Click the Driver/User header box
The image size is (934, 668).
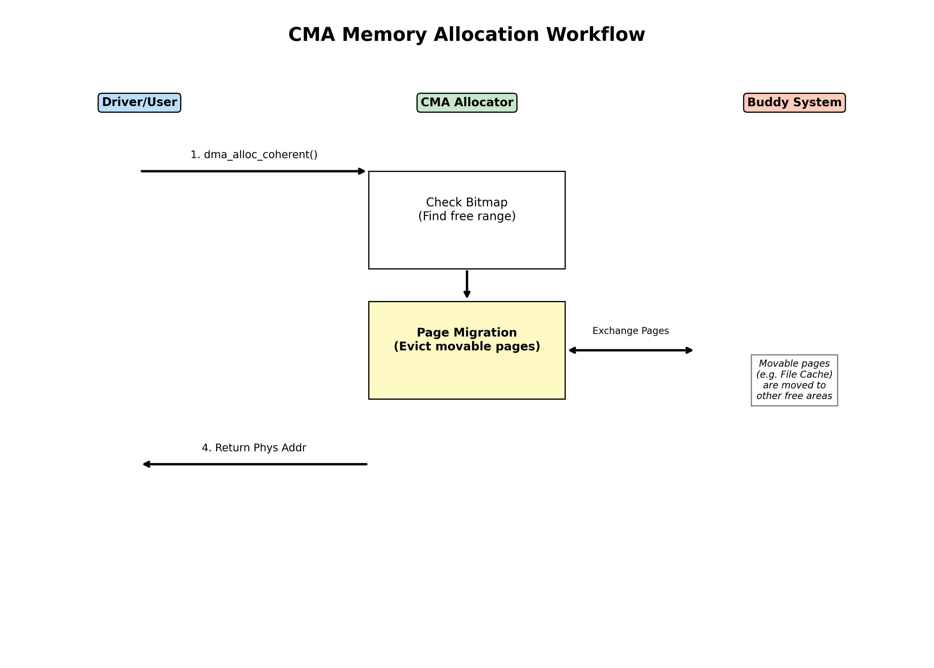139,102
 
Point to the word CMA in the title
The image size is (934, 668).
311,35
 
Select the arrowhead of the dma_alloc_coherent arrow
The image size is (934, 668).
362,171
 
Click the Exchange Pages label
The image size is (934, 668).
630,331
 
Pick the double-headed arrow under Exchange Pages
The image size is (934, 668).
631,350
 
